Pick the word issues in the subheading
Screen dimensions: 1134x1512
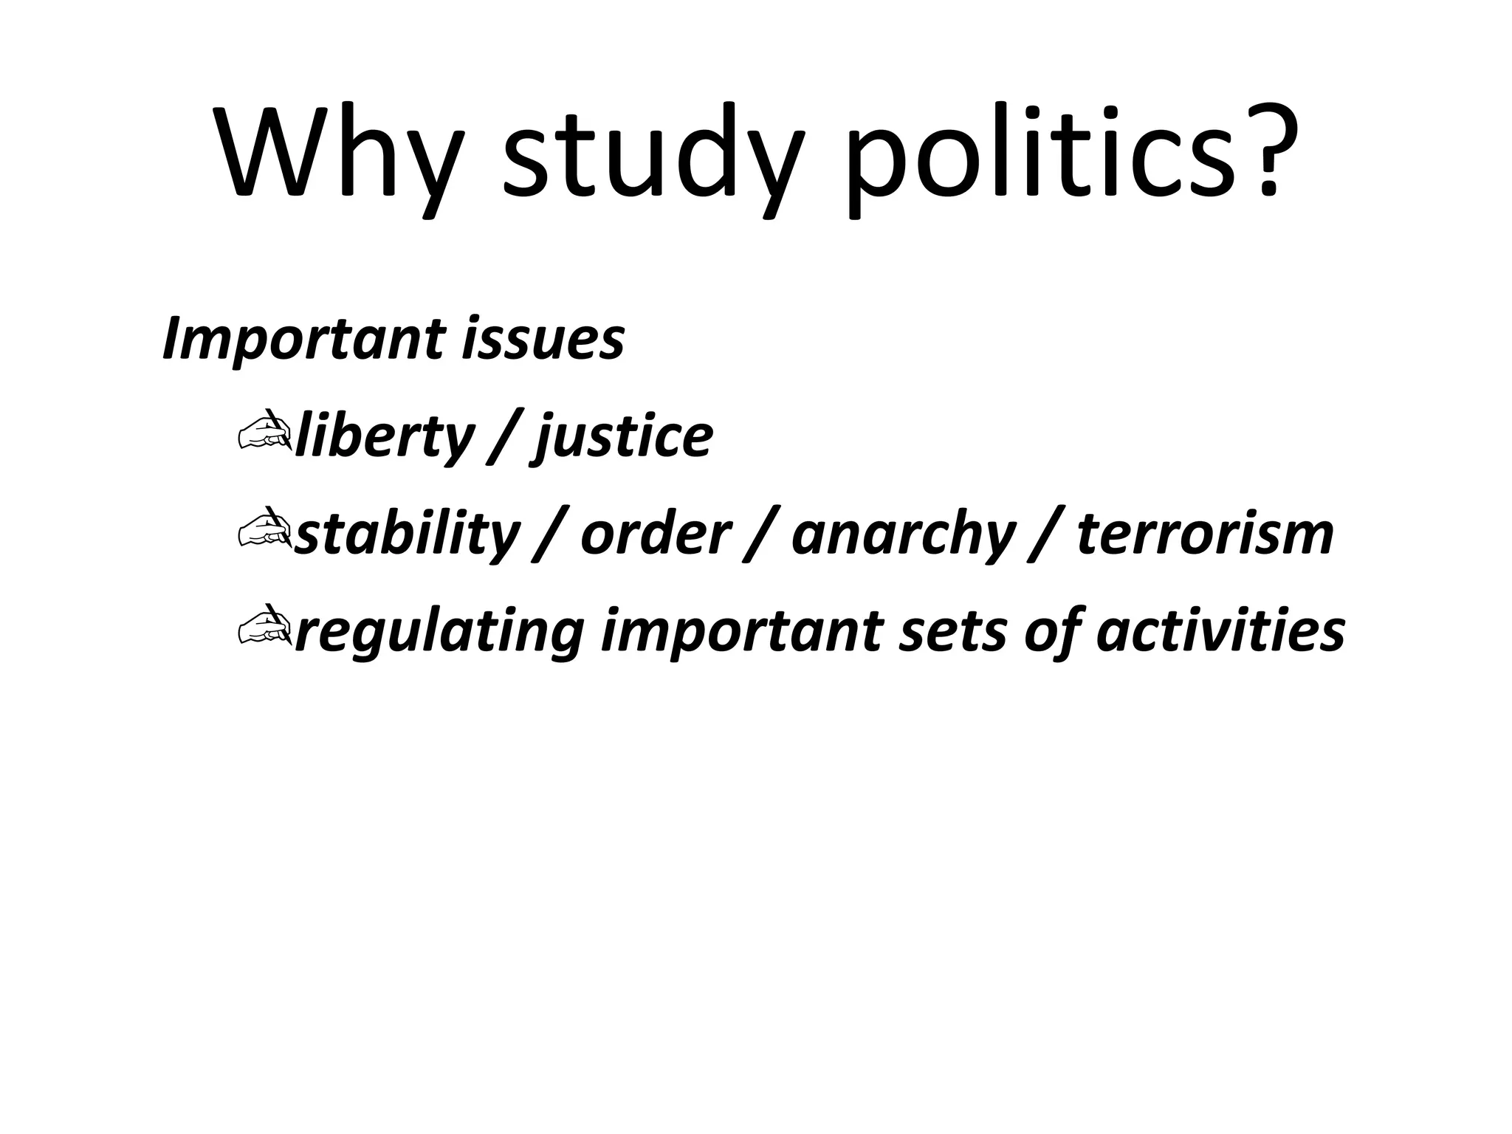543,340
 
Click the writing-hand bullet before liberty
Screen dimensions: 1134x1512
264,432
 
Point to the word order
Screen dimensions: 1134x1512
656,535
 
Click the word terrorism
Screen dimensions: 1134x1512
1205,535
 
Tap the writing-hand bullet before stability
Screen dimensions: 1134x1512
264,529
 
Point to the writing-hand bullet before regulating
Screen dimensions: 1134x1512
264,627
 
